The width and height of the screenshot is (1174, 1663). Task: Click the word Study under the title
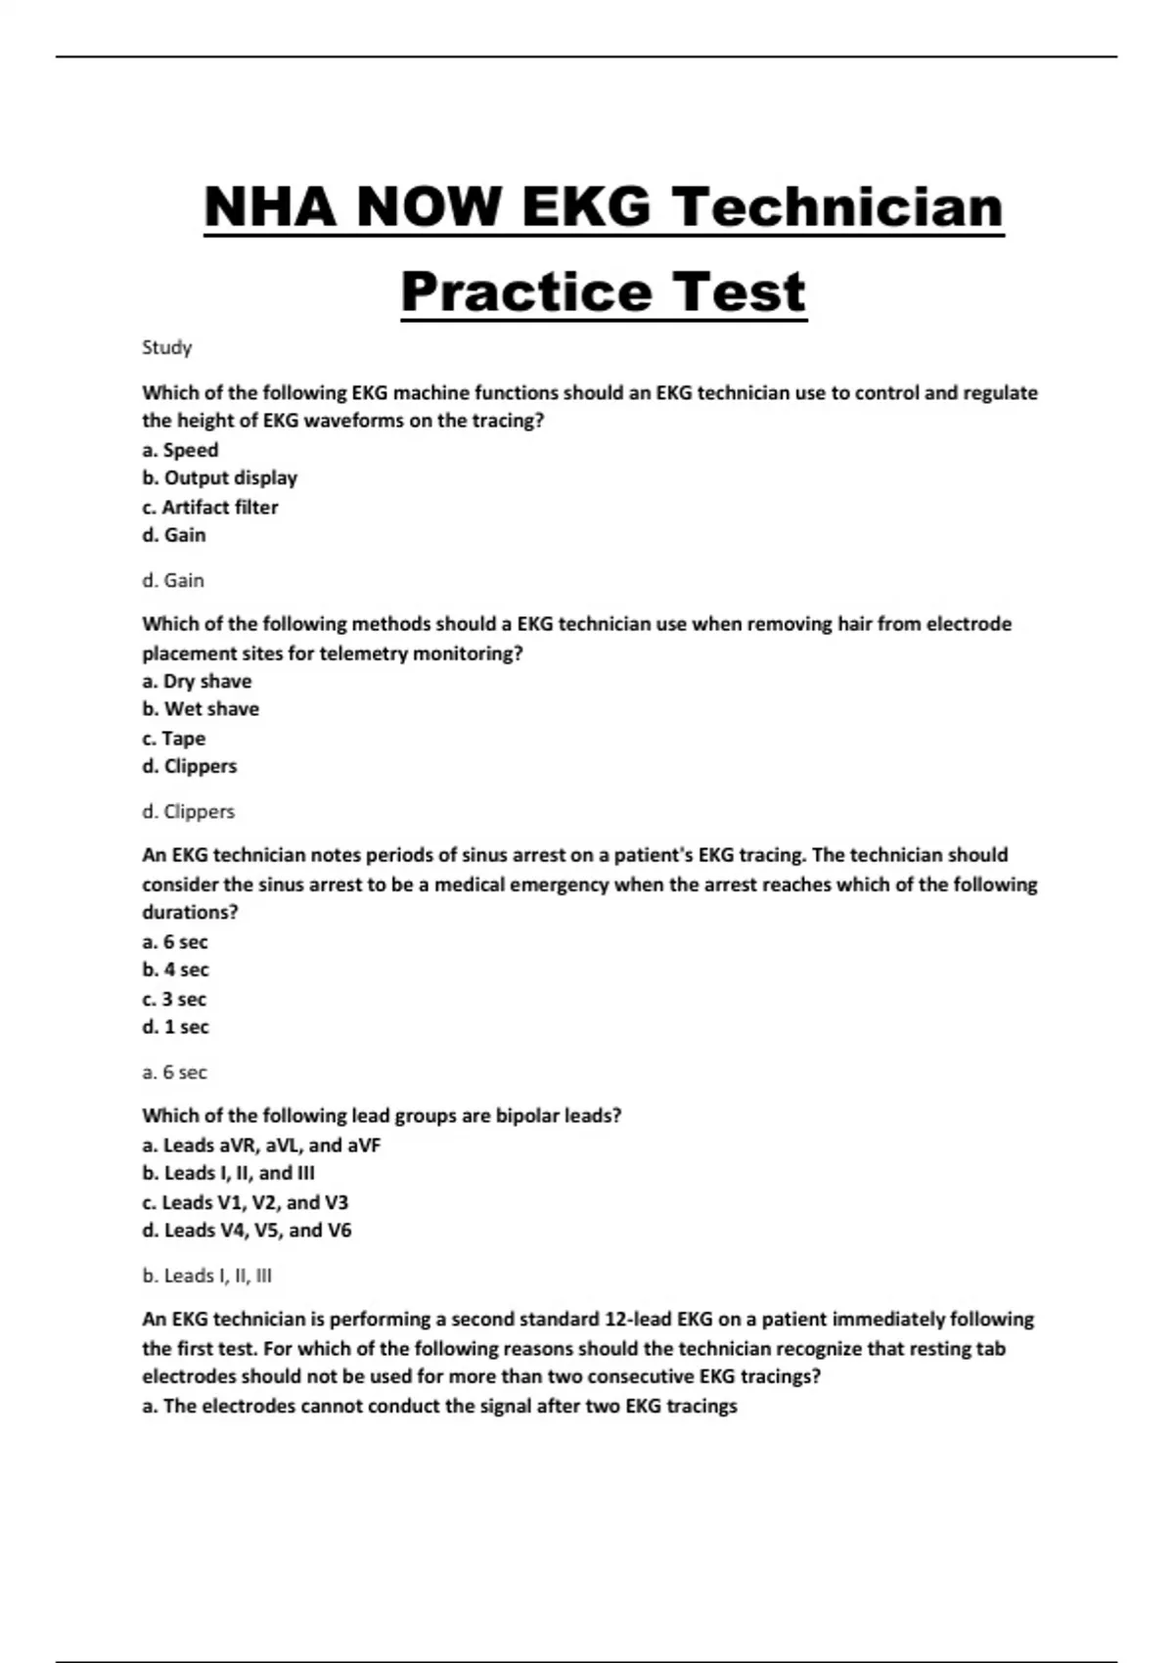tap(167, 347)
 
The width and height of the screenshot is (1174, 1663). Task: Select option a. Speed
tap(180, 450)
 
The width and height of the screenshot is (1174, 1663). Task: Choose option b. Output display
tap(219, 478)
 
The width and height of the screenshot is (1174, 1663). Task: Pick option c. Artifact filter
tap(209, 507)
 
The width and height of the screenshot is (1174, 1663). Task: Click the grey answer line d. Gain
tap(173, 580)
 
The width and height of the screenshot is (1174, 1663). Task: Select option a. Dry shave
tap(197, 681)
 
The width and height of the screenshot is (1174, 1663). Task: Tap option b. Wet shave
tap(201, 709)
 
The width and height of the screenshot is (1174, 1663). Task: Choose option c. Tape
tap(173, 739)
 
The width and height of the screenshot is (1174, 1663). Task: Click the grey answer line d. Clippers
tap(188, 811)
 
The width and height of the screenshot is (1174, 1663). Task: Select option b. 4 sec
tap(175, 969)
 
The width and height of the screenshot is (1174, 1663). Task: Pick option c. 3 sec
tap(174, 999)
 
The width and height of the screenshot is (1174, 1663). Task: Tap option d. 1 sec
tap(175, 1027)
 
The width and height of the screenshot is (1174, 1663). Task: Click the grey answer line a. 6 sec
tap(174, 1072)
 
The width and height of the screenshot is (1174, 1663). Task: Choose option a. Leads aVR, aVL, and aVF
tap(261, 1145)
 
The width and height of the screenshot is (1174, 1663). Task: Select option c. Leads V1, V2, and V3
tap(245, 1202)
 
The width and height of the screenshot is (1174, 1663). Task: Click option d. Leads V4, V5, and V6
tap(247, 1231)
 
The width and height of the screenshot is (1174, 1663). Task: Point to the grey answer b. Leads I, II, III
tap(206, 1276)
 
